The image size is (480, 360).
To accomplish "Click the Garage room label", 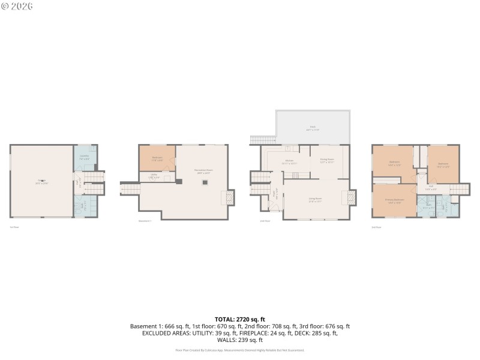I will click(x=42, y=182).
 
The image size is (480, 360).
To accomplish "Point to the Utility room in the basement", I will click(x=154, y=176).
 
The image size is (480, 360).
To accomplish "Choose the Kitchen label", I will click(x=289, y=161).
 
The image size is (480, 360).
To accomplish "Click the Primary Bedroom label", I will click(x=394, y=200).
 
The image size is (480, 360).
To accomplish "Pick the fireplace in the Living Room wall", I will click(x=350, y=197).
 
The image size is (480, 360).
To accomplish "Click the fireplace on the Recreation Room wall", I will click(x=229, y=197).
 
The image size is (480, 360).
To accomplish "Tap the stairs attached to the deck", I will click(x=262, y=140).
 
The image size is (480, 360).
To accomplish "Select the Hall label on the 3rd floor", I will click(x=431, y=187).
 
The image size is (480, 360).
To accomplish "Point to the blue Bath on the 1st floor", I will click(x=85, y=205).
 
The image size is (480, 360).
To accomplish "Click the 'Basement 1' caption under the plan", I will click(x=145, y=221).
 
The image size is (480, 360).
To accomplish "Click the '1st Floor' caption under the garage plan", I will click(x=13, y=227).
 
